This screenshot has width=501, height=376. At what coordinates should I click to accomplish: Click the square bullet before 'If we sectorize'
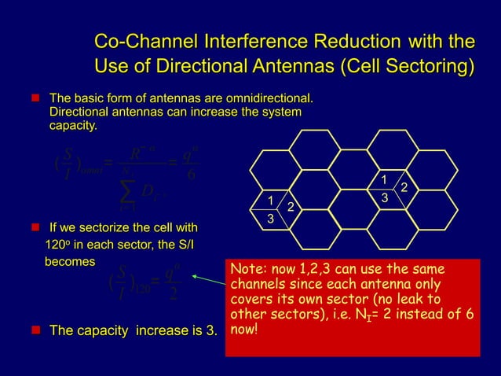35,229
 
